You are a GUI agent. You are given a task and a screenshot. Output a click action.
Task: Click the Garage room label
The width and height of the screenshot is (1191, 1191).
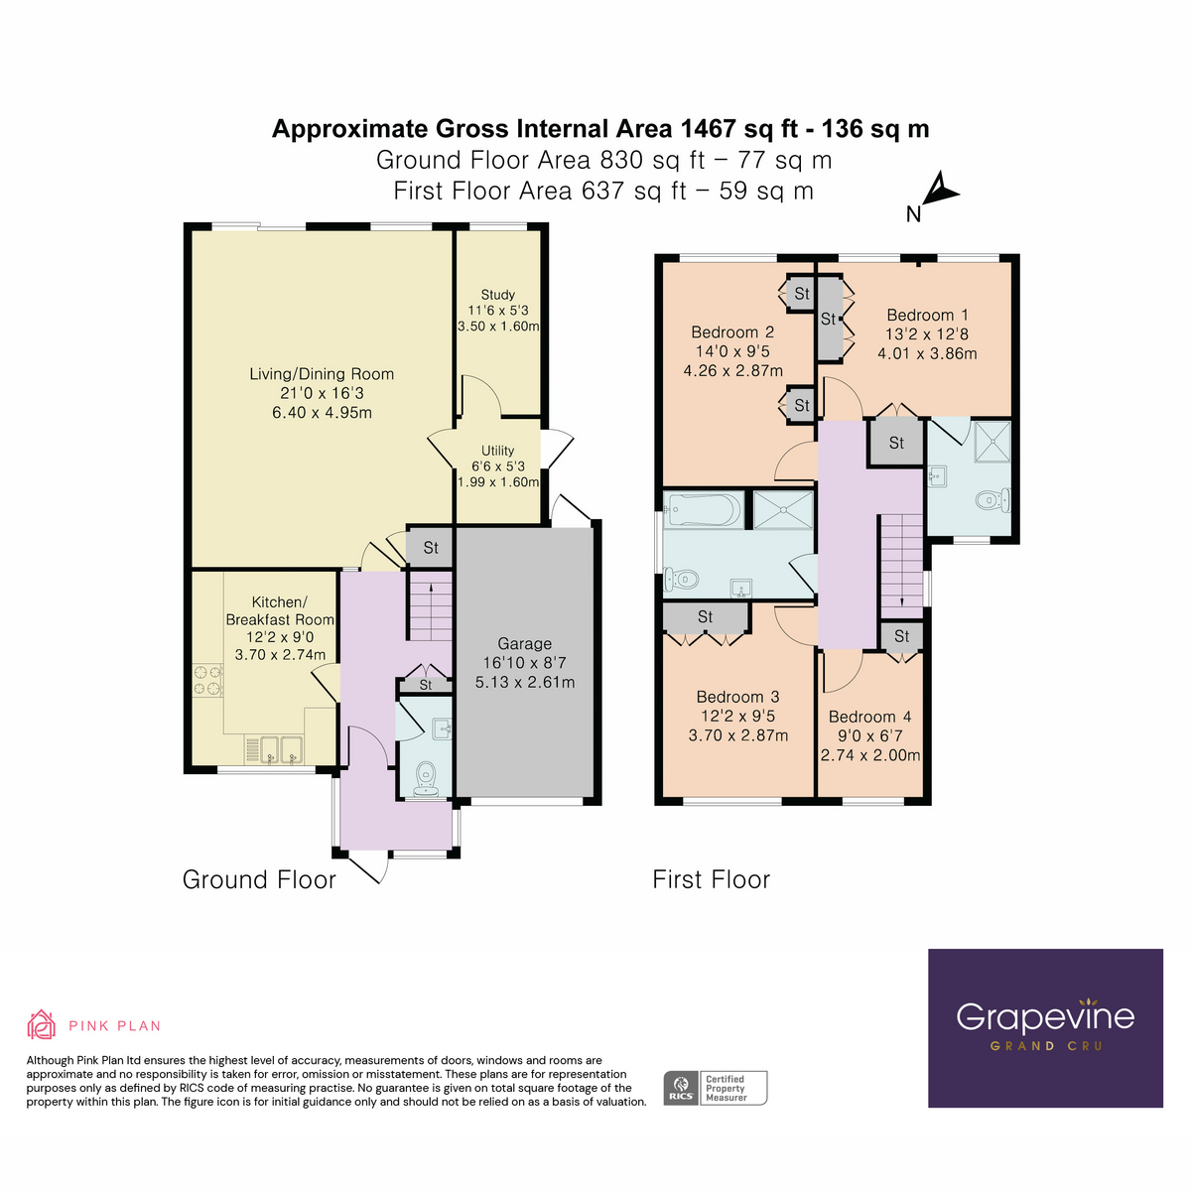tap(524, 644)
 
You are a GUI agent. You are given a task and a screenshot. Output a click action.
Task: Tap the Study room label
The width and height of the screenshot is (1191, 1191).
tap(497, 295)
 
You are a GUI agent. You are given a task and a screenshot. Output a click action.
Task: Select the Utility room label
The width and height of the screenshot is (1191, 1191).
tap(497, 451)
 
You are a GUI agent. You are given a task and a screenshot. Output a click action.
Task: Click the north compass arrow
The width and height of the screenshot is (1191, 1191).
tap(938, 191)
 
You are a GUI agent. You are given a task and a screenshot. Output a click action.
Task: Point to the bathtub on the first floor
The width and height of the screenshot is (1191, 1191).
tap(703, 510)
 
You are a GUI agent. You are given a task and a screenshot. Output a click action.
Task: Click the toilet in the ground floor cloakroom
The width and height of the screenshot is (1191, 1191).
tap(427, 777)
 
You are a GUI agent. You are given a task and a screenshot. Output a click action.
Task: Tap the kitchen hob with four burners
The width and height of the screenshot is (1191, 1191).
tap(208, 681)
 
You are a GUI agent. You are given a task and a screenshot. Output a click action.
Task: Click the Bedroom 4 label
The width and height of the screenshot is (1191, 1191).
tap(869, 717)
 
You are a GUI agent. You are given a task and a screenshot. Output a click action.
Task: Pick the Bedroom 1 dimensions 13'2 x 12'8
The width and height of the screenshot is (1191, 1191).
tap(927, 334)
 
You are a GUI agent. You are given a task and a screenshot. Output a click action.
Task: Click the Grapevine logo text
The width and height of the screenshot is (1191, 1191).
tap(1045, 1017)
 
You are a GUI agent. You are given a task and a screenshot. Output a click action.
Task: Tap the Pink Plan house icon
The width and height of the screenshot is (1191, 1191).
tap(41, 1024)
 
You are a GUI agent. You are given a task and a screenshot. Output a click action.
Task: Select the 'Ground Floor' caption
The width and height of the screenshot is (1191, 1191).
tap(259, 879)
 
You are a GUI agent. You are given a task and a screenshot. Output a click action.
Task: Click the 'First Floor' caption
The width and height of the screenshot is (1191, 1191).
tap(711, 879)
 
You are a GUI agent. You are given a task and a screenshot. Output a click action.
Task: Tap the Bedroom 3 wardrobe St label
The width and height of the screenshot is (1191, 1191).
tap(705, 617)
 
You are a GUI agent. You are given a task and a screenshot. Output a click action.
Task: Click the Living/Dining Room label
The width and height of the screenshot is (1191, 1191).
tap(322, 374)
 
